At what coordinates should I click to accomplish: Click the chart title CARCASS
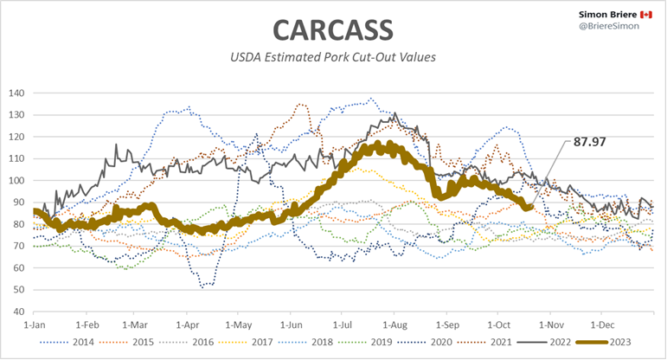333,29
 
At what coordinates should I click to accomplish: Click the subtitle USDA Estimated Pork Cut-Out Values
333,58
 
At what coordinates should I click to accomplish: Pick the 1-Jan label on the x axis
33,325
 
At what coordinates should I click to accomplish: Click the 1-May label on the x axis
239,325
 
